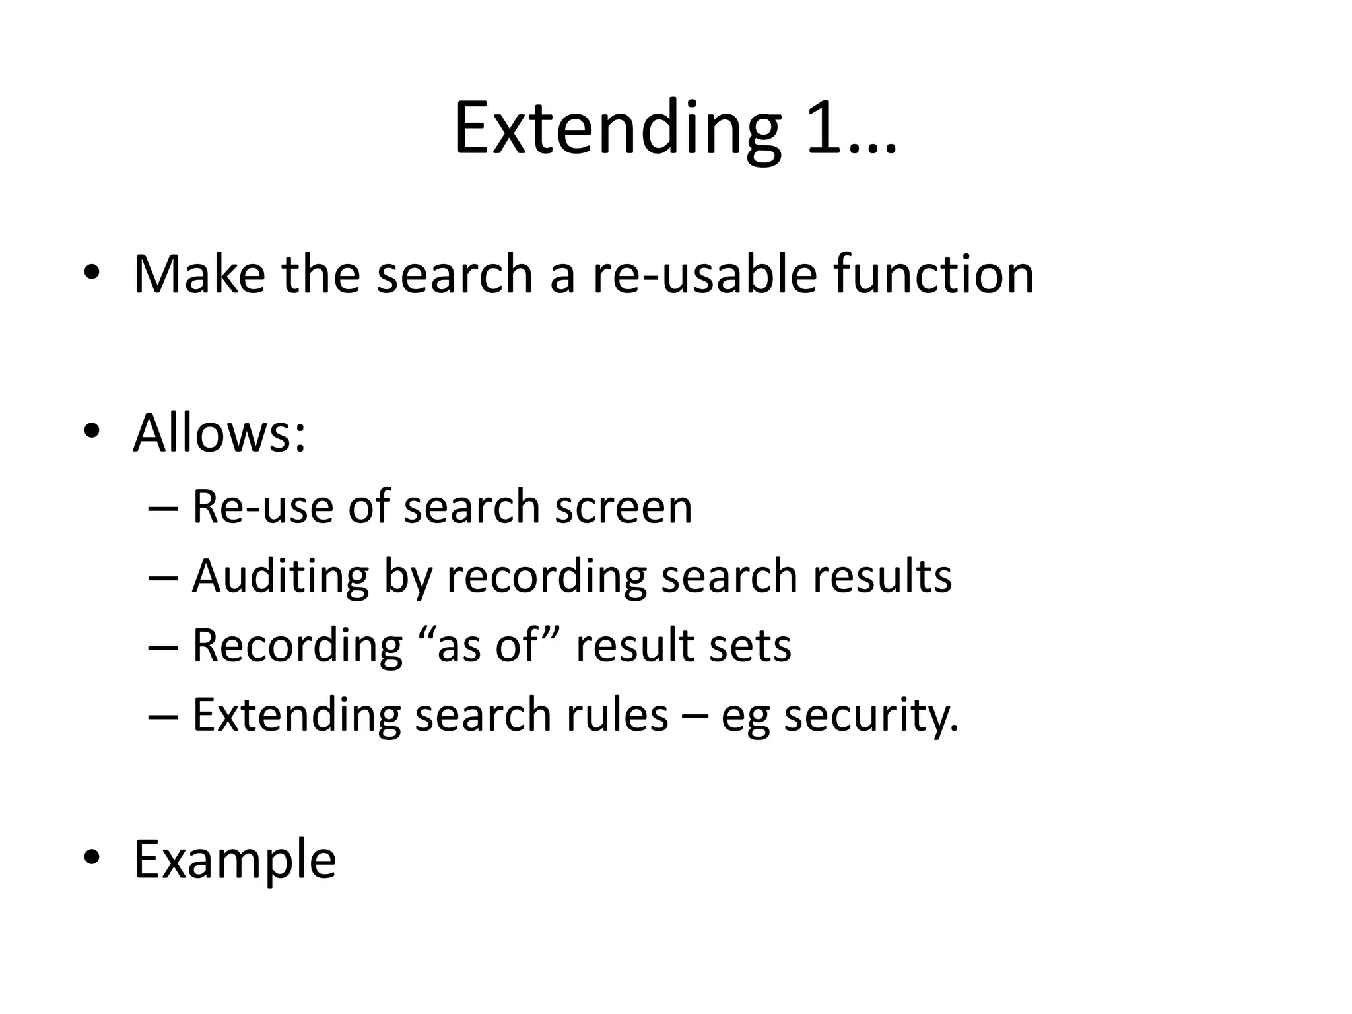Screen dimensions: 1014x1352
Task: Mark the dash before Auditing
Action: coord(162,577)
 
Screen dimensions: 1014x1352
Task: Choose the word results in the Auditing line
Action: coord(882,576)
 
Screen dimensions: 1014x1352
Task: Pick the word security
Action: coord(871,716)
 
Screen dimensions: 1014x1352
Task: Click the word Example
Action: coord(234,860)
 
